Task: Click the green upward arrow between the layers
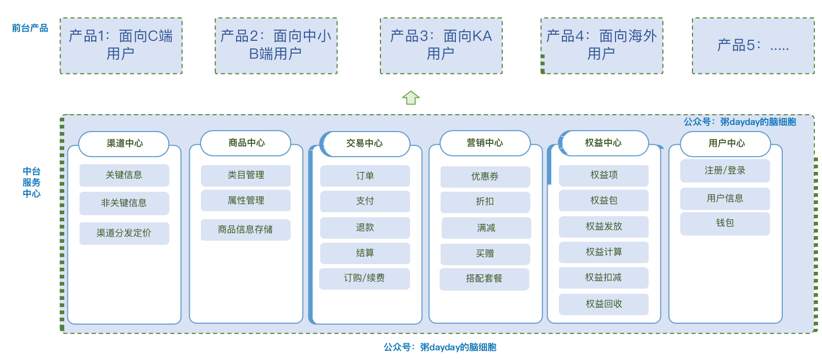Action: click(410, 97)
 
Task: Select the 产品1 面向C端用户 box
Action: click(121, 45)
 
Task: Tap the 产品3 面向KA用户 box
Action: click(441, 45)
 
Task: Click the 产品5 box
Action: click(753, 45)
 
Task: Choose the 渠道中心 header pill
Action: click(124, 144)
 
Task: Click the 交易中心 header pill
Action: click(365, 144)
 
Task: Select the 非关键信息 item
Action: click(124, 203)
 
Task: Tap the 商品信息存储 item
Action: click(245, 229)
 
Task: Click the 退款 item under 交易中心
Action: click(365, 227)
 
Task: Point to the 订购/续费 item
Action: click(364, 278)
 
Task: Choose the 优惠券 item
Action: click(485, 176)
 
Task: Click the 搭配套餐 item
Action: click(484, 279)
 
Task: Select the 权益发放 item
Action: click(603, 226)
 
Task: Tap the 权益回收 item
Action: click(603, 304)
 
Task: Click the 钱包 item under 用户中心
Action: click(725, 223)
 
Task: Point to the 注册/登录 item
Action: click(725, 171)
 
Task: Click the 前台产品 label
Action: click(30, 28)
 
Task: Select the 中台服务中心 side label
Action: click(31, 183)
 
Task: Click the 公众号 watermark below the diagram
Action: click(440, 347)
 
